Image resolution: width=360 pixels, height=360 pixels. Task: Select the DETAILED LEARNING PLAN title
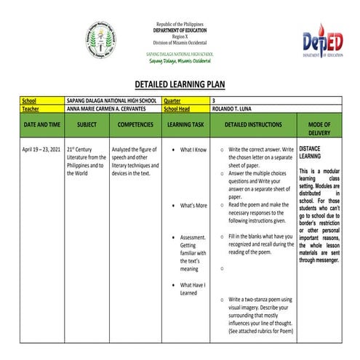point(180,84)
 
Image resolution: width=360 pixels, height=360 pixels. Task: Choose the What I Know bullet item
point(193,149)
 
